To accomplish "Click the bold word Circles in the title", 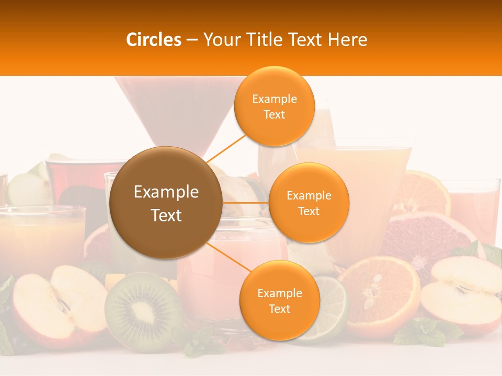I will pos(154,40).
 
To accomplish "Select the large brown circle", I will pos(166,203).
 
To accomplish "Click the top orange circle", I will pos(274,106).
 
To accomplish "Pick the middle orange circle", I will pos(309,203).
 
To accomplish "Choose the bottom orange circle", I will pos(279,300).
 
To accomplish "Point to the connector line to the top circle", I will pos(226,148).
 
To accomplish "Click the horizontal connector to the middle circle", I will pos(246,203).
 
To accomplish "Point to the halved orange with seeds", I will pos(379,296).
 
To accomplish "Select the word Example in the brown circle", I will pos(166,192).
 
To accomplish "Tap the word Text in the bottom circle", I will pos(279,309).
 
